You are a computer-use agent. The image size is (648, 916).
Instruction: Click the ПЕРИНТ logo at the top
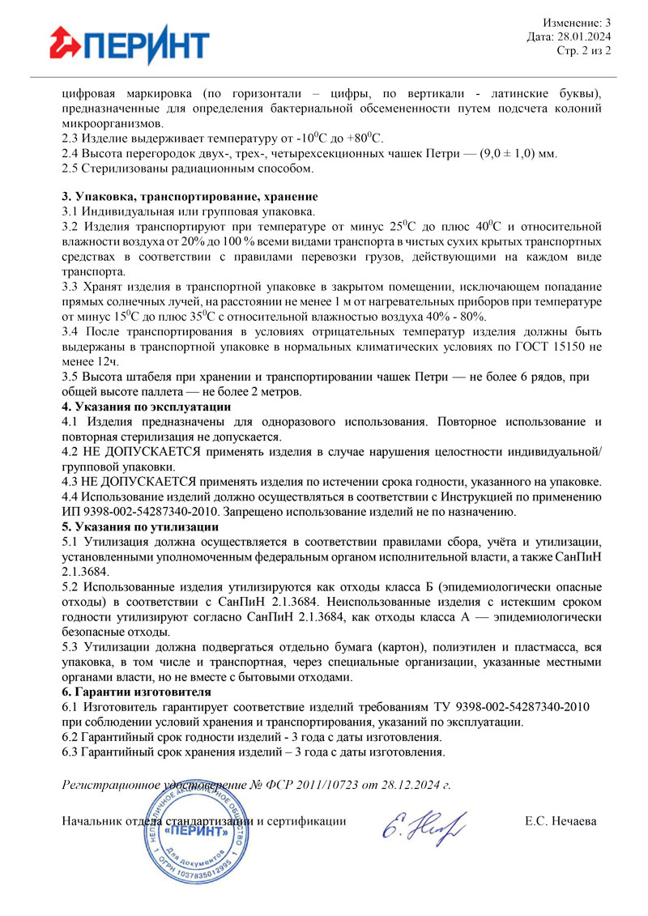click(x=129, y=44)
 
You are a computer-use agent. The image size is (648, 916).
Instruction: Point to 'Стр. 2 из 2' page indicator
click(x=583, y=50)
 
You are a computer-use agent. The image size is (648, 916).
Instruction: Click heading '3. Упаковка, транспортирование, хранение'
click(x=190, y=197)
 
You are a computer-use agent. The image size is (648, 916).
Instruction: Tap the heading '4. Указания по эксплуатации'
click(x=147, y=407)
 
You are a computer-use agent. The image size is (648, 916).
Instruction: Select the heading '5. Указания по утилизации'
click(x=141, y=526)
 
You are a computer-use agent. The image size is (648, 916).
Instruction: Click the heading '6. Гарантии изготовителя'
click(x=137, y=692)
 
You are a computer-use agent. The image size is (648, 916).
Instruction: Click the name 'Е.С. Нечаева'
click(x=561, y=821)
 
